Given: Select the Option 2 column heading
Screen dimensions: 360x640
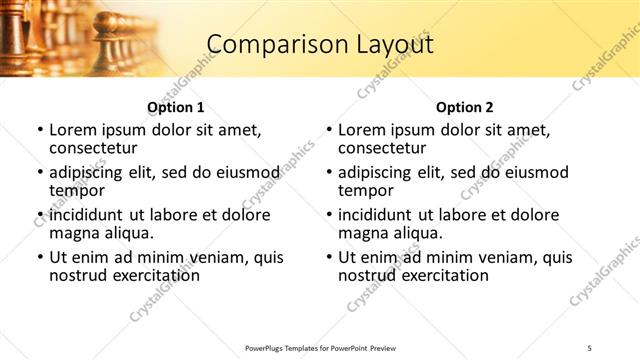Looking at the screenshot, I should [464, 107].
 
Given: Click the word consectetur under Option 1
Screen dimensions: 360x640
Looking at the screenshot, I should [94, 148].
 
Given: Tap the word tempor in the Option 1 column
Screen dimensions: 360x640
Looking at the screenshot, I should [76, 190].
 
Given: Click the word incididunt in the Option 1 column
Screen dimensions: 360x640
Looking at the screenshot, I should [88, 214].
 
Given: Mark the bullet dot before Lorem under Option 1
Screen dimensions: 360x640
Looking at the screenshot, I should [40, 130].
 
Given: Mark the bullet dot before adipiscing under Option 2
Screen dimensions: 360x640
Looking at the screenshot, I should [329, 172].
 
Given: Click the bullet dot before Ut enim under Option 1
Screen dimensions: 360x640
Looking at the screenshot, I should [40, 257].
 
